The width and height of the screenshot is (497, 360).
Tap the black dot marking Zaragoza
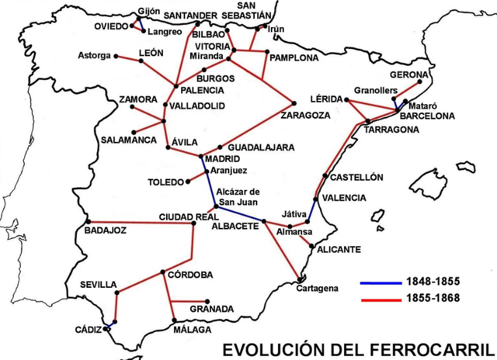(294, 103)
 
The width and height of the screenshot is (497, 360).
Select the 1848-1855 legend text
(432, 282)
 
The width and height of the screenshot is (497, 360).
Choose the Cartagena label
(317, 289)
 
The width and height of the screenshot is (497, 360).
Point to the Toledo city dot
(187, 182)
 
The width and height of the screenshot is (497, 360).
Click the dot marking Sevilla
(116, 292)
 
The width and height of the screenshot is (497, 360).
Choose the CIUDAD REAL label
(187, 216)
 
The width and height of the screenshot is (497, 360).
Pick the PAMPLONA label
(294, 57)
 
